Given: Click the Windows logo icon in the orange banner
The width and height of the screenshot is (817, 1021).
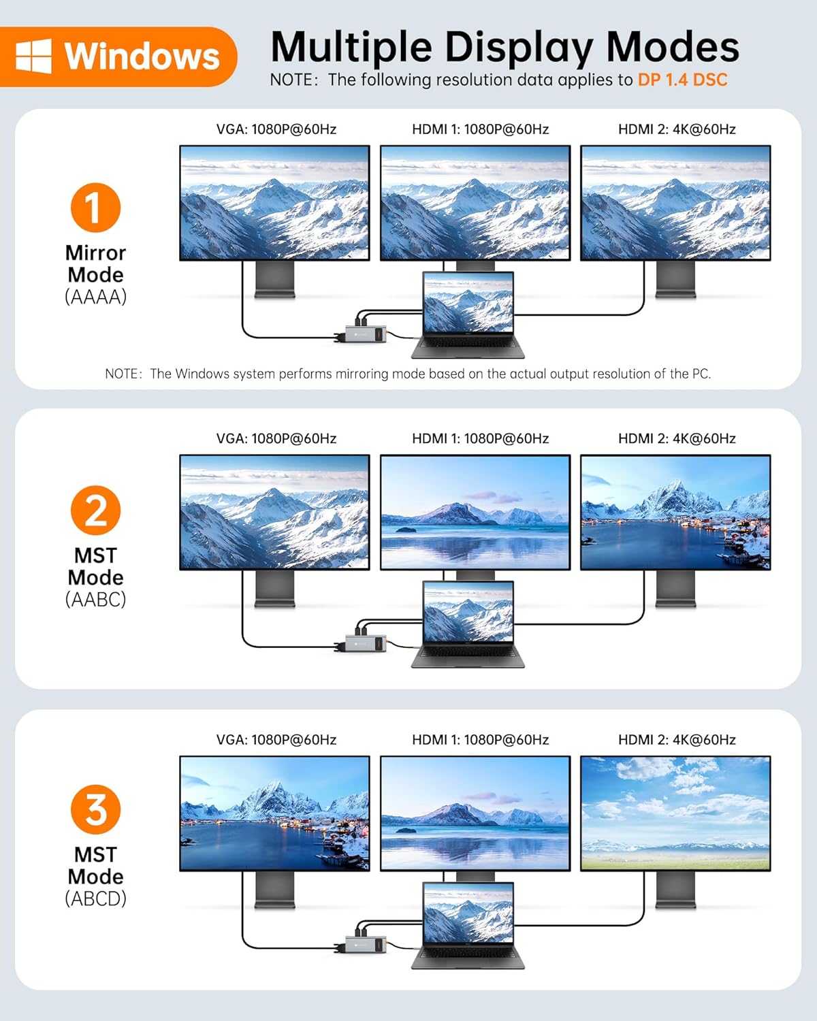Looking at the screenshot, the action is click(x=33, y=56).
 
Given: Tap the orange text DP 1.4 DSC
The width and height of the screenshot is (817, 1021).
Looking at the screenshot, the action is click(x=682, y=80).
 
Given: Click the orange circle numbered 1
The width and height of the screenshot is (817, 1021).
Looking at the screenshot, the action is click(x=95, y=208).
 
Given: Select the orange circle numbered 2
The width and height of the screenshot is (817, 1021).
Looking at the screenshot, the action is click(x=95, y=510).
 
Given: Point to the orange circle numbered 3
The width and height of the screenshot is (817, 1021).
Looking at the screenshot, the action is click(x=95, y=809).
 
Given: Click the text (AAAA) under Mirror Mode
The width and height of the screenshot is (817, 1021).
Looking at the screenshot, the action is click(x=96, y=297).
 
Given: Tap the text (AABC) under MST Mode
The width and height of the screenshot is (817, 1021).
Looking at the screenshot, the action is click(x=96, y=600).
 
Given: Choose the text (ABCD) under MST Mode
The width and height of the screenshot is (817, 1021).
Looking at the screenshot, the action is click(x=96, y=898).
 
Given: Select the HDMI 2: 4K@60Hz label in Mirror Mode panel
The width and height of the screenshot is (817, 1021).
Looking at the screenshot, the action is click(x=677, y=129).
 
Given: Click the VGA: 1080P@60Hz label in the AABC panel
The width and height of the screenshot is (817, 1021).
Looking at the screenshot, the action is click(x=276, y=438).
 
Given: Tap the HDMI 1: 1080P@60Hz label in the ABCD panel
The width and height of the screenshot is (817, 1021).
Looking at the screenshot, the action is click(x=481, y=740).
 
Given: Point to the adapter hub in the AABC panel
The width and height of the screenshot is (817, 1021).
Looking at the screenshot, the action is click(x=365, y=643).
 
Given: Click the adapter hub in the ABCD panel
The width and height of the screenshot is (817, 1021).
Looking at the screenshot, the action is click(x=365, y=945).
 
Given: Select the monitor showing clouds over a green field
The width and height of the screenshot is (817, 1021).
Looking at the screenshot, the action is click(x=675, y=813).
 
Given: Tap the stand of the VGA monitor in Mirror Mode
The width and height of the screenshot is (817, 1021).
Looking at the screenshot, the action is click(x=275, y=280).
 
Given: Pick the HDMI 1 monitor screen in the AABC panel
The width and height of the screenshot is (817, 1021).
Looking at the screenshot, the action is click(x=475, y=513).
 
